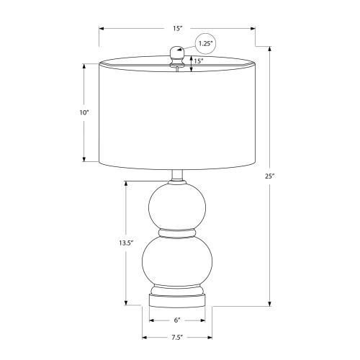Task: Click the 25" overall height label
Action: [x=269, y=176]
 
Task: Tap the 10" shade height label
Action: [x=84, y=112]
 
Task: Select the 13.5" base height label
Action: [x=126, y=243]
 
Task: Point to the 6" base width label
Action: [x=177, y=320]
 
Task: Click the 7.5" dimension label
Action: [x=177, y=338]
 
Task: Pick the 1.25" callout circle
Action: [x=205, y=44]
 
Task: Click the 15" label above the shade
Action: [x=178, y=28]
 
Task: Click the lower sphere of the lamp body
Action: [x=177, y=261]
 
